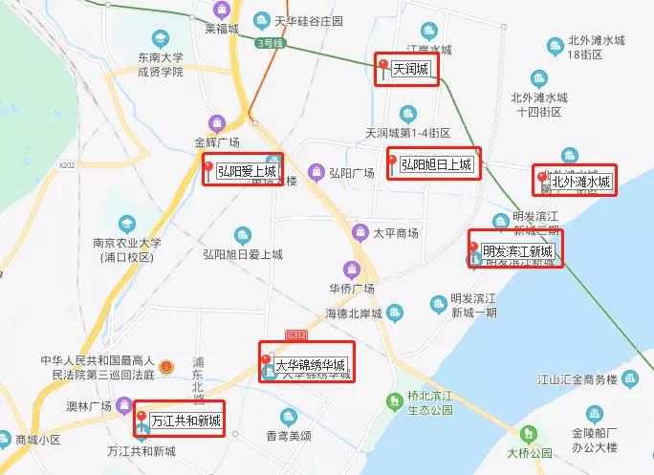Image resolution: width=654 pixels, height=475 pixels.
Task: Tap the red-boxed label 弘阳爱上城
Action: click(x=241, y=172)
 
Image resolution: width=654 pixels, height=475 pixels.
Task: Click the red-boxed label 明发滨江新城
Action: click(x=515, y=250)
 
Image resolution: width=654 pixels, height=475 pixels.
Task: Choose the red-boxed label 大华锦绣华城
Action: click(x=307, y=363)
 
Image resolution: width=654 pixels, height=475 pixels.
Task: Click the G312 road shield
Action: click(x=297, y=335)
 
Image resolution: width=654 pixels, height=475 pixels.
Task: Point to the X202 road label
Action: click(x=66, y=165)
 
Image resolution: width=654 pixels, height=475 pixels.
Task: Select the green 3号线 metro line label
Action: click(x=272, y=44)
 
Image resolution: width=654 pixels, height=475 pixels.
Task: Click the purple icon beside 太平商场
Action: click(x=360, y=232)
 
